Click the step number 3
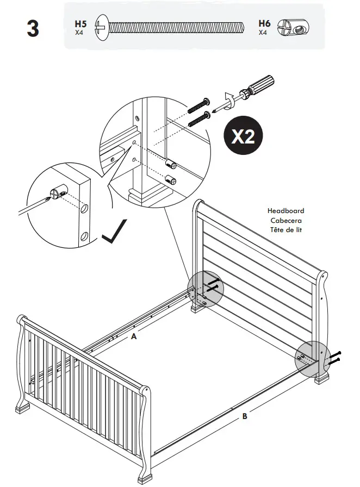[x=33, y=29]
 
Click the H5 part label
[x=80, y=24]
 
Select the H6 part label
[x=264, y=23]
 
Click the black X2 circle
[x=243, y=136]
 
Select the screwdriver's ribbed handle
[x=261, y=84]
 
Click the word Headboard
[x=285, y=210]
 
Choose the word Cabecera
[x=285, y=220]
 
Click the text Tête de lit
[x=285, y=230]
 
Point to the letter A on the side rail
[x=133, y=336]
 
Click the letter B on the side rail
[x=245, y=416]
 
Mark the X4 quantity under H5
[x=79, y=33]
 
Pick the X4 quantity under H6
[x=263, y=33]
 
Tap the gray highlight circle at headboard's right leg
[x=313, y=358]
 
